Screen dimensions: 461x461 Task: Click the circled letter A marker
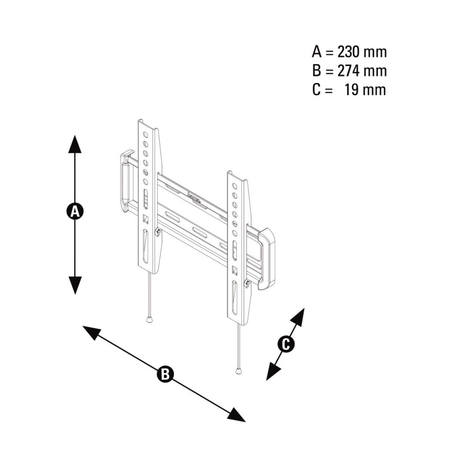pyautogui.click(x=75, y=211)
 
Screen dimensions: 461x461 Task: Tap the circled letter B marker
pyautogui.click(x=165, y=374)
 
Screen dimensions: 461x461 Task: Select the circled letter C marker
pyautogui.click(x=286, y=344)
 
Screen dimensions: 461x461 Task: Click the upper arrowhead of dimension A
pyautogui.click(x=75, y=144)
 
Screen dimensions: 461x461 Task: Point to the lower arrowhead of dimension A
pyautogui.click(x=75, y=285)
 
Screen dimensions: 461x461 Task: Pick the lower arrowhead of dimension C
pyautogui.click(x=273, y=371)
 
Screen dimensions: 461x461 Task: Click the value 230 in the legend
pyautogui.click(x=348, y=52)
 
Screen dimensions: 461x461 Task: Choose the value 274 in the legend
pyautogui.click(x=348, y=71)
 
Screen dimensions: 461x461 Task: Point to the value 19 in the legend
pyautogui.click(x=352, y=90)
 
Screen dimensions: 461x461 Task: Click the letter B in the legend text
pyautogui.click(x=316, y=71)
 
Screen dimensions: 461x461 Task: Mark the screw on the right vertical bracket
pyautogui.click(x=247, y=283)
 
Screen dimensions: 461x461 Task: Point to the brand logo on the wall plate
pyautogui.click(x=194, y=198)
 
